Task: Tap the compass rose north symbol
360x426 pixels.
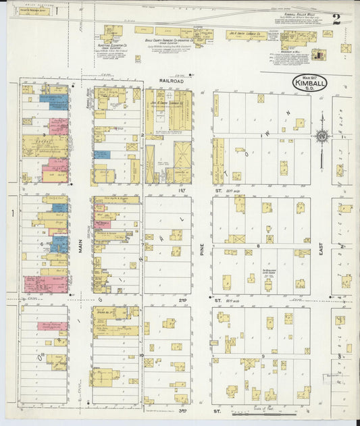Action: tap(322, 135)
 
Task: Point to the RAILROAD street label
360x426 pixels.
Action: tap(168, 80)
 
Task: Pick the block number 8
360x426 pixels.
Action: tap(257, 246)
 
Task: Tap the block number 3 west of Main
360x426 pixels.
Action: tap(44, 124)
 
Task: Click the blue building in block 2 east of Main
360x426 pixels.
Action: tap(102, 155)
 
